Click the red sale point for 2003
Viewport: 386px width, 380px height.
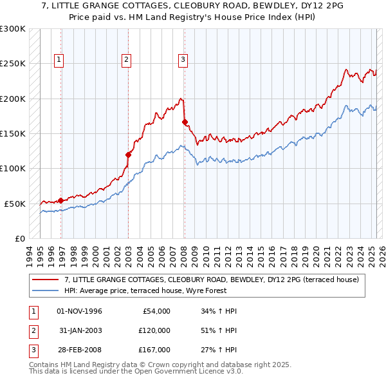(128, 155)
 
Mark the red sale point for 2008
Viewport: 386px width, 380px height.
(185, 122)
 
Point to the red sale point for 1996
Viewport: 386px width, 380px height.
(61, 200)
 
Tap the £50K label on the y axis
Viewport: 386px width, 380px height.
(15, 204)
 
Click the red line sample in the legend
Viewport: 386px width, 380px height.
(45, 280)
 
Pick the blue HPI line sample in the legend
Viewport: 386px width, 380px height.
(45, 290)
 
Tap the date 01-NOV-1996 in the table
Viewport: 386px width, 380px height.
(80, 312)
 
